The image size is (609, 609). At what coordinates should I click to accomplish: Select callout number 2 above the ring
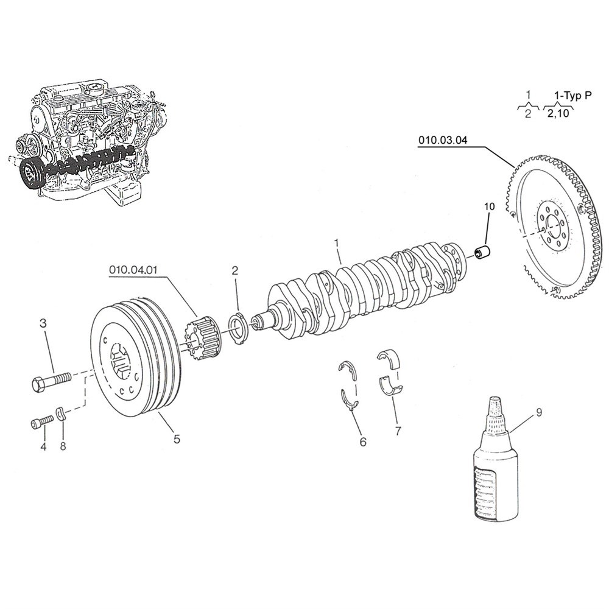coord(235,269)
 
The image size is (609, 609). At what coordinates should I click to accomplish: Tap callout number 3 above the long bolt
coord(43,323)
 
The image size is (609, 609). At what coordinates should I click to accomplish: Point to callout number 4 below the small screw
coord(43,447)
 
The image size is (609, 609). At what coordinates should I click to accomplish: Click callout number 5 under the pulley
coord(177,438)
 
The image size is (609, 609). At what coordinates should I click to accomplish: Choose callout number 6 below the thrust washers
coord(363,442)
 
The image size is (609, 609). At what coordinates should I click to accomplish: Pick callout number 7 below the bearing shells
coord(398,431)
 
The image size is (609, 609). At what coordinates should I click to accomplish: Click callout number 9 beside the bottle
coord(538,412)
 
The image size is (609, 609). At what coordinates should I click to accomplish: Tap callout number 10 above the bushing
coord(489,207)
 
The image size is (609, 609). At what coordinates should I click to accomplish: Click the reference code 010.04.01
coord(133,269)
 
